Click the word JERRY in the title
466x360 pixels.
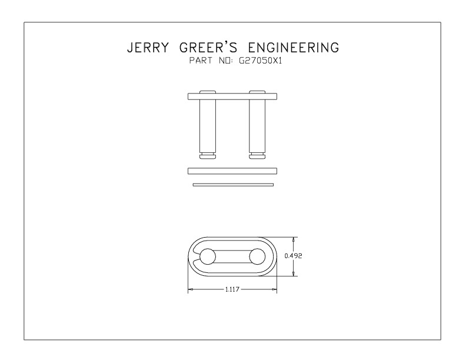(x=148, y=48)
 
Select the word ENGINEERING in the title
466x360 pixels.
(x=294, y=48)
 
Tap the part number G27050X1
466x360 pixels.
(x=260, y=61)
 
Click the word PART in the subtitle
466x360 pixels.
(x=201, y=61)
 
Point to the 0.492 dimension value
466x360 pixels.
(x=293, y=256)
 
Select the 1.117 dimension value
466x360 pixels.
(x=232, y=289)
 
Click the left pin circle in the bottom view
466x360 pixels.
(x=208, y=256)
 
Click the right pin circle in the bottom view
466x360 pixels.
(x=257, y=256)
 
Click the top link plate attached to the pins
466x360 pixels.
(x=232, y=96)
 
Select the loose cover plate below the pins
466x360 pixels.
(x=232, y=171)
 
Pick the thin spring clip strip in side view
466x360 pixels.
(x=233, y=185)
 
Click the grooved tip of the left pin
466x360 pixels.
(x=208, y=156)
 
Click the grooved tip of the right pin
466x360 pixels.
(x=257, y=156)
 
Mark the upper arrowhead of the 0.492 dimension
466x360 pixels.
(x=294, y=239)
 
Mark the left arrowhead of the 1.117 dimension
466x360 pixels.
(x=191, y=289)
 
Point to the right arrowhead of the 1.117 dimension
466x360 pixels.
(x=274, y=289)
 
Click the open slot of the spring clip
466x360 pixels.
(x=195, y=256)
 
